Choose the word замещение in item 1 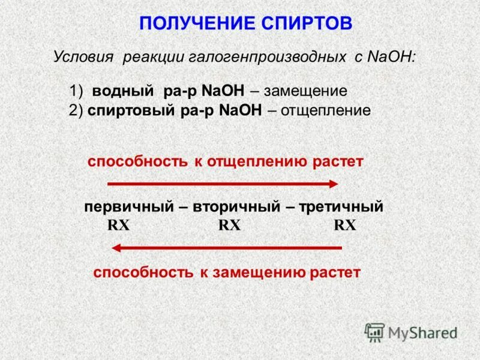click(305, 92)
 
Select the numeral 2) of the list click(76, 110)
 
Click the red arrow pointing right click(223, 184)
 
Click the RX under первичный click(118, 226)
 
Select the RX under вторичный click(229, 226)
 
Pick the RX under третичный click(345, 226)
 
